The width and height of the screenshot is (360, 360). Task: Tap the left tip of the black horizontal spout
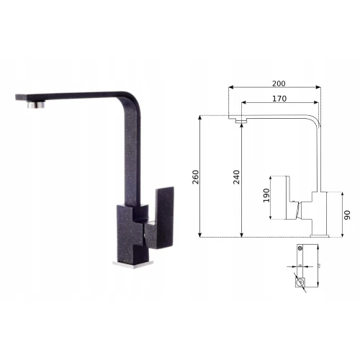[x=18, y=98]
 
